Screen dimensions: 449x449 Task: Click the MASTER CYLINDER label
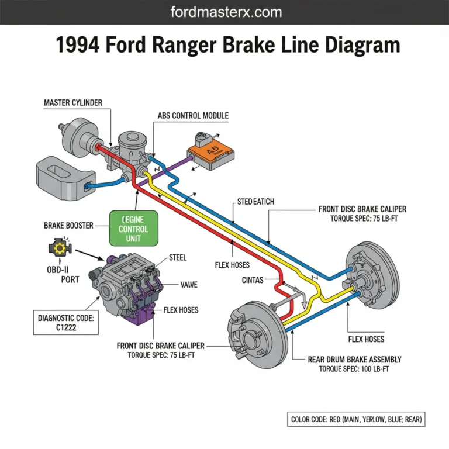coord(73,103)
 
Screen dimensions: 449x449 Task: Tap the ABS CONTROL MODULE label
coord(193,115)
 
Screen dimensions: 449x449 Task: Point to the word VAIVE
coord(189,285)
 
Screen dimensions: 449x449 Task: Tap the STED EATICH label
coord(255,202)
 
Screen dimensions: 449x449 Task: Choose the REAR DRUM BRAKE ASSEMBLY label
coord(354,360)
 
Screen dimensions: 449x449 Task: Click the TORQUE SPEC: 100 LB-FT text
coord(354,369)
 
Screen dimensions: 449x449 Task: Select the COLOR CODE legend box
coord(357,419)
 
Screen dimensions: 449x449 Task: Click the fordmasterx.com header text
coord(224,12)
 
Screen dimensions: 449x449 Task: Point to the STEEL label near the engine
coord(178,257)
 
